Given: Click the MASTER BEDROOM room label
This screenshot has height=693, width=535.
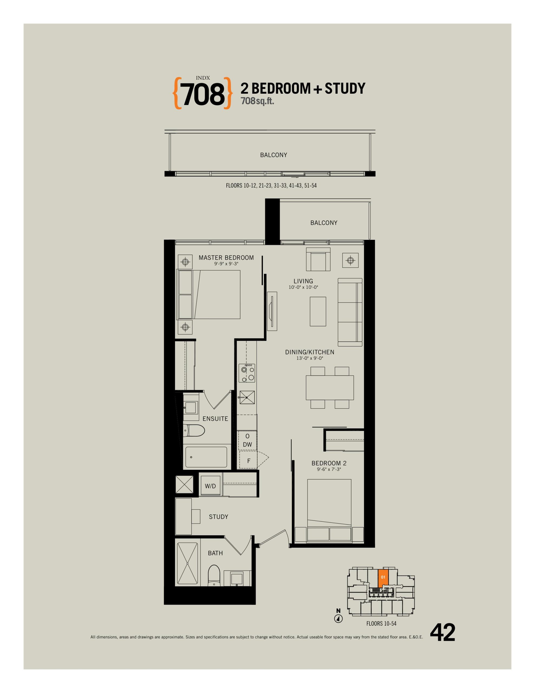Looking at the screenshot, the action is click(226, 258).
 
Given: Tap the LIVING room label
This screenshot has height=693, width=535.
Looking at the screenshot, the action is click(303, 281).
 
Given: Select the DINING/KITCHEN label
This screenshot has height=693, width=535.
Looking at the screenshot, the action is click(309, 352).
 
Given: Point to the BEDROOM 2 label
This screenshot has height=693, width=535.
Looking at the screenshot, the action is click(329, 463).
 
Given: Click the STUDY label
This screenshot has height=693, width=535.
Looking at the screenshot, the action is click(219, 517).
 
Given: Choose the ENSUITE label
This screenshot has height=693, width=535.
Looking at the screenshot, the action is click(215, 419).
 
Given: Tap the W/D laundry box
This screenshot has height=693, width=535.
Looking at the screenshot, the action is click(210, 486).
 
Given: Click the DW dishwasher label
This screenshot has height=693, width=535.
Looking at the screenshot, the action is click(247, 444).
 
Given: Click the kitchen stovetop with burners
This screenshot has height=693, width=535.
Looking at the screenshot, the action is click(247, 373).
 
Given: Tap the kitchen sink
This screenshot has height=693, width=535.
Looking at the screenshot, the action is click(247, 397).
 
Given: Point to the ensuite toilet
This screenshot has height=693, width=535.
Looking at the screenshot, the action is click(194, 431).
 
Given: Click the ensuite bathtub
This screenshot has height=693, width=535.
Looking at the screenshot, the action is click(206, 457).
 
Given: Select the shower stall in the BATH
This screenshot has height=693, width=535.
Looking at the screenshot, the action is click(187, 563).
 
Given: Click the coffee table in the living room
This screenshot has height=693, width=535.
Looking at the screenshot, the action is click(318, 311).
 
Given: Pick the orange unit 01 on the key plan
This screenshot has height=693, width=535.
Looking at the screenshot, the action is click(383, 578).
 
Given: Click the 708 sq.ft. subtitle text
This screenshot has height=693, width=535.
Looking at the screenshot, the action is click(257, 101).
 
